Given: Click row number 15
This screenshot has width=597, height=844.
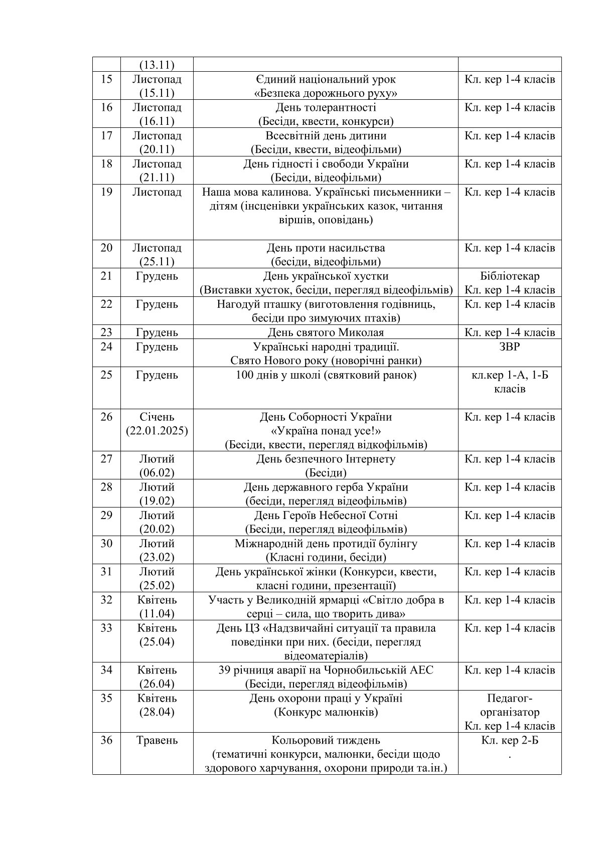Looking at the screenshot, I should click(x=106, y=79).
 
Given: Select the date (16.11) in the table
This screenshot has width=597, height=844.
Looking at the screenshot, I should click(x=157, y=121).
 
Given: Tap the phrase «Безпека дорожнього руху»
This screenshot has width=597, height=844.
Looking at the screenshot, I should click(x=326, y=93).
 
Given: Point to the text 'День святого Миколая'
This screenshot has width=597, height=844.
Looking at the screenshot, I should click(x=326, y=332).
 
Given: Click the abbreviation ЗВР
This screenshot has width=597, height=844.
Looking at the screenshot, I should click(x=510, y=347).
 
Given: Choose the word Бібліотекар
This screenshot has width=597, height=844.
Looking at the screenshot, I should click(x=510, y=276).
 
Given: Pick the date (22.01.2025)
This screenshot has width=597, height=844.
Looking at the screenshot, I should click(x=157, y=431).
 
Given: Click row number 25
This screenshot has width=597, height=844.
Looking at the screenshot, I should click(x=106, y=375).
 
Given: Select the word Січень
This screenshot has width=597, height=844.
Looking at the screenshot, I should click(x=157, y=417).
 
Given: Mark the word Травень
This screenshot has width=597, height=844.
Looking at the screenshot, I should click(x=157, y=740).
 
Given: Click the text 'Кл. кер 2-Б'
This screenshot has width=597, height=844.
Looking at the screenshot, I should click(x=510, y=740).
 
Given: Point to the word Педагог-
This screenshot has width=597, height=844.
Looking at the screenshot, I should click(x=510, y=698).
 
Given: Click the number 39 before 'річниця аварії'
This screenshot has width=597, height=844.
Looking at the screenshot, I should click(x=225, y=670).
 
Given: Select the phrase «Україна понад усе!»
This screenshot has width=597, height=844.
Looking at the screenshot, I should click(x=326, y=431).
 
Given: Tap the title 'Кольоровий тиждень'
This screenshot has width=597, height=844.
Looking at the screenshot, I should click(x=326, y=740).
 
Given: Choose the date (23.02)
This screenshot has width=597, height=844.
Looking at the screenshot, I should click(x=157, y=557).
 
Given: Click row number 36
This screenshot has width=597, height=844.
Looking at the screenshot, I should click(x=106, y=740).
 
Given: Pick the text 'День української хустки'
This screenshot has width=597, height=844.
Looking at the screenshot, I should click(x=326, y=276).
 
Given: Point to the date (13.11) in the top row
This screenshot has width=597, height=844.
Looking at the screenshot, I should click(x=157, y=65).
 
